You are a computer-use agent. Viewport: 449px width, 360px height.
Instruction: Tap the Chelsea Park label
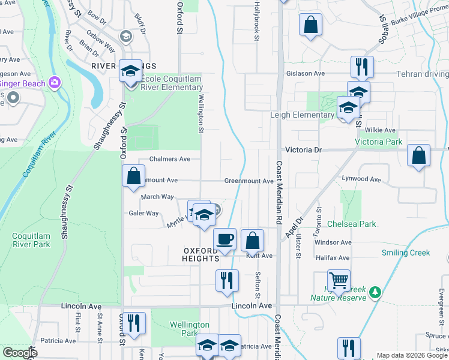click(x=352, y=224)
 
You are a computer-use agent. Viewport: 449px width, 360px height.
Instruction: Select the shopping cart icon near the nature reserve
click(x=339, y=280)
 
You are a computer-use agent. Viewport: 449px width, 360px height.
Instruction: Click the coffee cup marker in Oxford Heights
click(x=224, y=239)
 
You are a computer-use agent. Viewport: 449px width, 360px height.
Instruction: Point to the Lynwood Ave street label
click(x=361, y=179)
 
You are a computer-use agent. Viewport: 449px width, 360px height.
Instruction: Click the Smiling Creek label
click(x=406, y=253)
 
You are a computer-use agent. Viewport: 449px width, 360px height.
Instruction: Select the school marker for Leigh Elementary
click(x=348, y=108)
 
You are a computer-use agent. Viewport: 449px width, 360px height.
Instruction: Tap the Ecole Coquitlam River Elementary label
click(x=172, y=83)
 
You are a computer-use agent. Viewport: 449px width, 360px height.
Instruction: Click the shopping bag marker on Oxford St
click(x=133, y=176)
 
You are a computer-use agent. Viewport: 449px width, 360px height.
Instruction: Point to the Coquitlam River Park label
click(x=31, y=240)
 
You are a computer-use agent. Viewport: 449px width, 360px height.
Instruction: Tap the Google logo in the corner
click(x=19, y=353)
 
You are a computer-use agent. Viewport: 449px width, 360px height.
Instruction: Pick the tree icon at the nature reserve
click(x=375, y=292)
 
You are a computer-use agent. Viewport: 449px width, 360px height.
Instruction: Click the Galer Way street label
click(x=143, y=213)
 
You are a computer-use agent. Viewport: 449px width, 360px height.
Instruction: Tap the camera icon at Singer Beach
click(x=55, y=82)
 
